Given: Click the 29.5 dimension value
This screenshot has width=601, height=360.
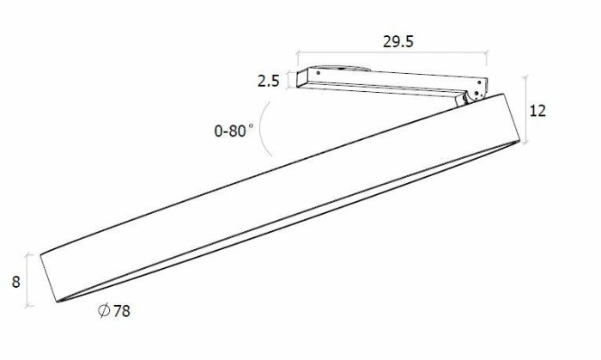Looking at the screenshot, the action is coord(398,41).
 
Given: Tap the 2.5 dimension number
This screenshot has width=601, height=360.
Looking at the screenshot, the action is coord(268,82).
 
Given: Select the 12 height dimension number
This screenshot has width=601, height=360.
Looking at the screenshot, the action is coord(537,111).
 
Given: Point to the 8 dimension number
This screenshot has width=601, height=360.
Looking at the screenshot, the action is coord(15,282).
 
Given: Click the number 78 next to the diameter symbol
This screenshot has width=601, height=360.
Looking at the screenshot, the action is coord(122,310).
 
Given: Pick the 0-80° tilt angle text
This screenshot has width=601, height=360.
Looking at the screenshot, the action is coord(234,131).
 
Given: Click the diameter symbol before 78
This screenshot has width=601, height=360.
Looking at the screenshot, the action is coord(104,310).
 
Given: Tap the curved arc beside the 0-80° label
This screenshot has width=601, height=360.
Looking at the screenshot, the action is coord(260,128).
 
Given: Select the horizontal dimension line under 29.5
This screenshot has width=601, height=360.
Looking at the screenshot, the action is coord(392,53).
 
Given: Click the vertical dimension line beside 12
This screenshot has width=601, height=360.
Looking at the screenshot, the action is coord(526,109).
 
